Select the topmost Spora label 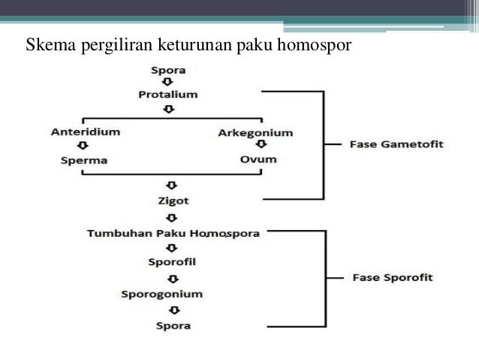pos(168,71)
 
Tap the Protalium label pos(168,95)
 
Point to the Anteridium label pos(85,132)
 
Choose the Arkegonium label pos(255,133)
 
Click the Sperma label pos(84,160)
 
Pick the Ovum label pos(258,159)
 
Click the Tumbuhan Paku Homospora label pos(173,233)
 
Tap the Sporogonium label pos(173,294)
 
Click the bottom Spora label pos(173,325)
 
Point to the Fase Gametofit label pos(397,144)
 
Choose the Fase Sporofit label pos(393,277)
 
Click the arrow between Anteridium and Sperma pos(82,147)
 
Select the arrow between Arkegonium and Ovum pos(260,146)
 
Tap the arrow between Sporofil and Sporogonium pos(173,278)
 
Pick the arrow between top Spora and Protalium pos(168,83)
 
